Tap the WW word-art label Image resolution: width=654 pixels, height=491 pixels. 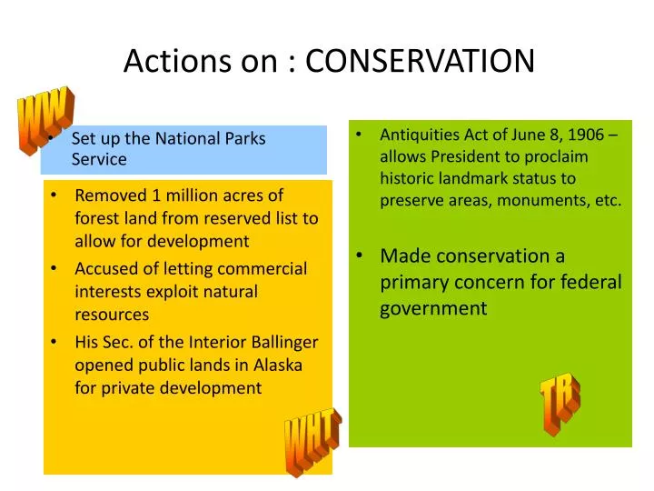(x=44, y=118)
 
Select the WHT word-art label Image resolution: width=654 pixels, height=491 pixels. (x=312, y=442)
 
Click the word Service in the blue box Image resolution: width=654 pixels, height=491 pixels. (x=99, y=160)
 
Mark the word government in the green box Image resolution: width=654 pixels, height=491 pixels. (x=433, y=308)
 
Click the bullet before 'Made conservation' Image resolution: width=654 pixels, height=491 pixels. (x=361, y=256)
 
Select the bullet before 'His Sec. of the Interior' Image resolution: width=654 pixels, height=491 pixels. (x=56, y=342)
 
